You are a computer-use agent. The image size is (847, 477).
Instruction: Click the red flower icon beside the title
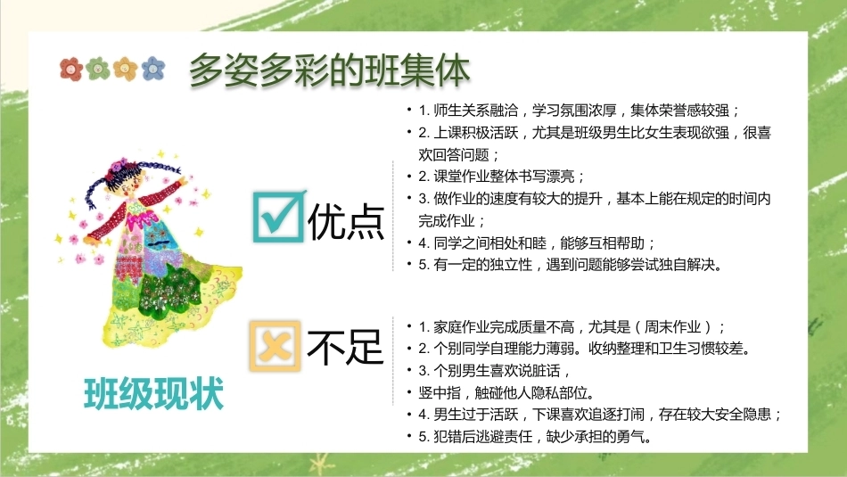coord(71,70)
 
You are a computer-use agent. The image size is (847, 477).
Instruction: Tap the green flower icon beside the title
coord(98,69)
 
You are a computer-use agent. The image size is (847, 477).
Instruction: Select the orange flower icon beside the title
coord(126,69)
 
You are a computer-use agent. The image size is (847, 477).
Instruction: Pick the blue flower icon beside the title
coord(153,69)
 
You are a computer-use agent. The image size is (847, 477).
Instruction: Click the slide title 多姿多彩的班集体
coord(330,70)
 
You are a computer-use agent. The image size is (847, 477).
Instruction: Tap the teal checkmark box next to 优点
coord(277,217)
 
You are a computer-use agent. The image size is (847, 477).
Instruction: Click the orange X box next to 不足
coord(275,346)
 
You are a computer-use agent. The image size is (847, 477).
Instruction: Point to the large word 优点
coord(346,221)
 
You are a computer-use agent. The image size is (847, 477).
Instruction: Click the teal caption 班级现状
coord(154,394)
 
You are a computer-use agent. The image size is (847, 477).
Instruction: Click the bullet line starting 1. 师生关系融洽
coord(579,111)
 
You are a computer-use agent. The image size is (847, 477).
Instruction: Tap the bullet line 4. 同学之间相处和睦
coord(537,243)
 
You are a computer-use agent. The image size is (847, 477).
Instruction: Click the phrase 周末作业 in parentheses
coord(672,327)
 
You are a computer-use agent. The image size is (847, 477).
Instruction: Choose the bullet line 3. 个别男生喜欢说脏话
coord(494,371)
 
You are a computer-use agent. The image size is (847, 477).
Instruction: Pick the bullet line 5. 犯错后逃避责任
coord(535,437)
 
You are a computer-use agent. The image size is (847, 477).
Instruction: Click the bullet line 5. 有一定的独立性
coord(571,265)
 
